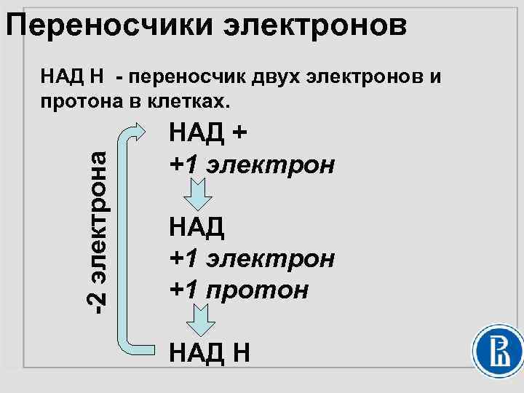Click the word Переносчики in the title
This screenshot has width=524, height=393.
tap(107, 27)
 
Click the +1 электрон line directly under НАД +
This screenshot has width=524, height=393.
tap(251, 164)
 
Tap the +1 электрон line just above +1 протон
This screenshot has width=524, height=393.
tap(251, 258)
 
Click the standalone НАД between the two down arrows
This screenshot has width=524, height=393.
tap(196, 227)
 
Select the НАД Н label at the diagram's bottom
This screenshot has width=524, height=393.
tap(210, 353)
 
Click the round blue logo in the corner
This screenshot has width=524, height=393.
tap(499, 352)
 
